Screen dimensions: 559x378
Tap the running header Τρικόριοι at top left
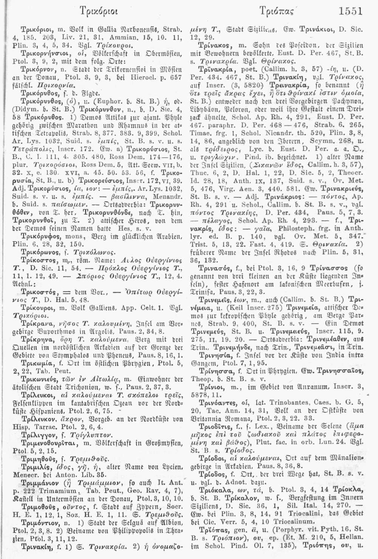(93, 12)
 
